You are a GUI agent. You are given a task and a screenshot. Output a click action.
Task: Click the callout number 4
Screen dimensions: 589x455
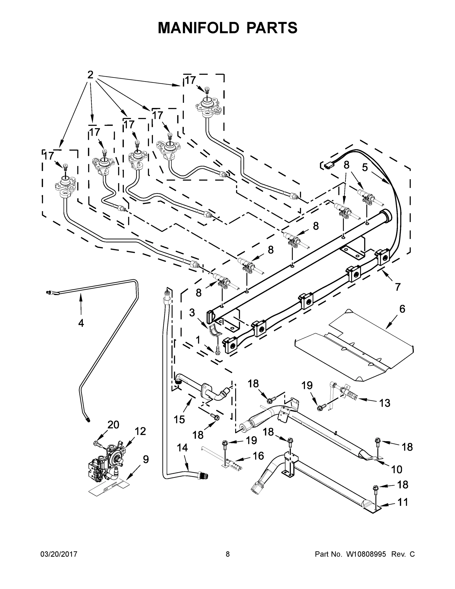[x=81, y=323]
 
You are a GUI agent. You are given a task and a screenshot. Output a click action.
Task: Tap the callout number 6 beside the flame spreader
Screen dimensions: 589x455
[x=402, y=309]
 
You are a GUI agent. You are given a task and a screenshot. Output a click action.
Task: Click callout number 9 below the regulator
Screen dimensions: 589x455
[x=145, y=459]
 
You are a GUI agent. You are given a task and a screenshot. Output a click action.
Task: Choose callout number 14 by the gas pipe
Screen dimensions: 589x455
[x=182, y=448]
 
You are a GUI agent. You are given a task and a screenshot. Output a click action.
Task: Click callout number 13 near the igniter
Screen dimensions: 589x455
[x=385, y=403]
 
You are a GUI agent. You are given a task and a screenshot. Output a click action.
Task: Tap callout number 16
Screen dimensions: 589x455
[x=258, y=456]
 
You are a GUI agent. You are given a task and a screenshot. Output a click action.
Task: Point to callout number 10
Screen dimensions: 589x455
[x=397, y=469]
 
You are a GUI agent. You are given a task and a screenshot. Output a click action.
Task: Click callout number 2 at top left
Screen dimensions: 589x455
[x=90, y=75]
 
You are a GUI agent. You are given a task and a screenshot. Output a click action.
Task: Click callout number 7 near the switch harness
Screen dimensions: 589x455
[x=398, y=287]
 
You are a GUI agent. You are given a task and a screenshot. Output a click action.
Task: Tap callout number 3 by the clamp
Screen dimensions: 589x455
[x=192, y=313]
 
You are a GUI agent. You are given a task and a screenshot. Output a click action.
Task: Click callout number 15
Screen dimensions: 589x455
[x=179, y=420]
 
